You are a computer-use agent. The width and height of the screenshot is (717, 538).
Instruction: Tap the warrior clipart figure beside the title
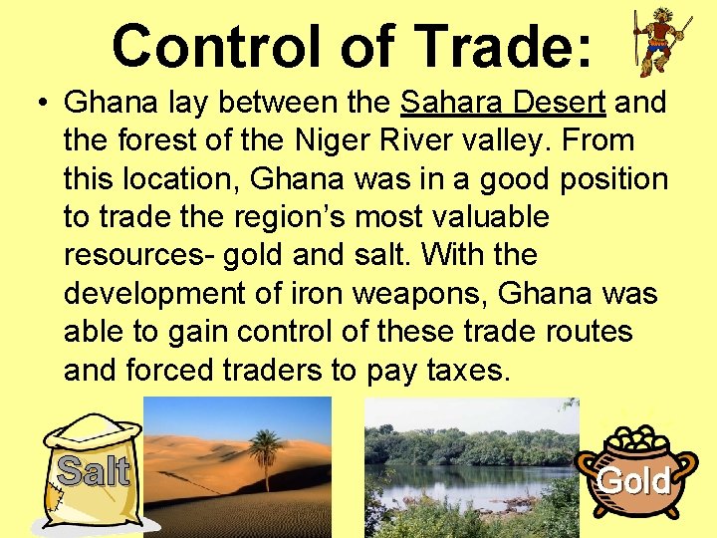(x=660, y=42)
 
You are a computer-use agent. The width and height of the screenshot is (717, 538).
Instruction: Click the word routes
(x=577, y=331)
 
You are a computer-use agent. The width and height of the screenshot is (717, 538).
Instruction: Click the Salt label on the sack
(x=94, y=470)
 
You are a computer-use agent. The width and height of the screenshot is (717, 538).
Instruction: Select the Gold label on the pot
(x=633, y=481)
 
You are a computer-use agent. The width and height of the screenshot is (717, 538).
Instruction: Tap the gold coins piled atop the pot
(x=634, y=439)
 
